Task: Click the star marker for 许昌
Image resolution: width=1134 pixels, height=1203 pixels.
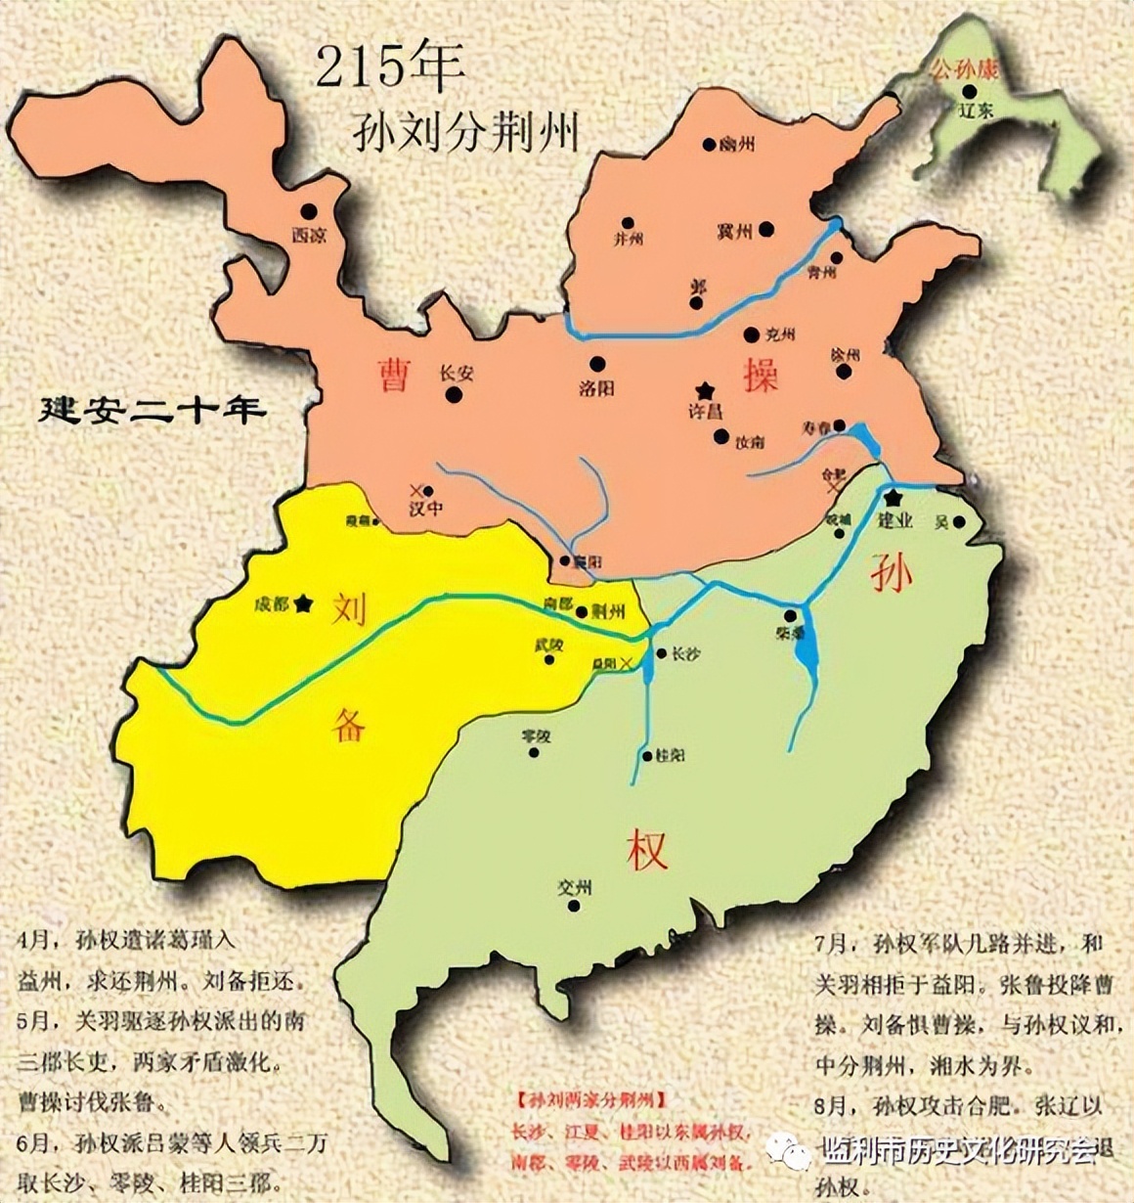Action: pyautogui.click(x=704, y=389)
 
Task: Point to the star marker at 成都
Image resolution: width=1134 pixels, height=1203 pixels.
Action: pyautogui.click(x=304, y=603)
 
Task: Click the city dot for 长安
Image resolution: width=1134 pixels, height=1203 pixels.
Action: pyautogui.click(x=454, y=394)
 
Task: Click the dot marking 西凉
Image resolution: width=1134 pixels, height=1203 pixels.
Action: pyautogui.click(x=309, y=211)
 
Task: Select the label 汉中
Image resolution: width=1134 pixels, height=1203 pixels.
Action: pyautogui.click(x=426, y=510)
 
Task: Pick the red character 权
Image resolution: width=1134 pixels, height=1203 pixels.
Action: pyautogui.click(x=647, y=849)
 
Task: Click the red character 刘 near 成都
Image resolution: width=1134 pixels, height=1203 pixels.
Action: pyautogui.click(x=349, y=608)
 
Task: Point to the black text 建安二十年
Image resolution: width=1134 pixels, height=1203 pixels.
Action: pyautogui.click(x=152, y=410)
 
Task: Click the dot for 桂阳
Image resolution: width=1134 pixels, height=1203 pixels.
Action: pyautogui.click(x=646, y=756)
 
